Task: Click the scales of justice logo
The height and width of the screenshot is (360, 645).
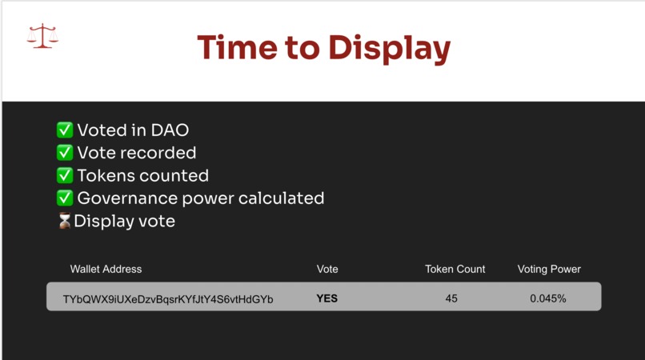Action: point(42,36)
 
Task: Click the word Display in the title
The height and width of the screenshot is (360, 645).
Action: point(390,48)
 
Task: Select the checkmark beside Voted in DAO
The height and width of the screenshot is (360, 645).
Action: point(65,130)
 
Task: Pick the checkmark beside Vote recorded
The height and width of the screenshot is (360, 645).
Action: point(65,153)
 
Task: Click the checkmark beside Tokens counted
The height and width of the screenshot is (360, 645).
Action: point(65,175)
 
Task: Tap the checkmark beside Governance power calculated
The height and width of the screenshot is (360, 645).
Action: point(65,198)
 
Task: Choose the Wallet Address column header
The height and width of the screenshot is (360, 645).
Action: point(106,269)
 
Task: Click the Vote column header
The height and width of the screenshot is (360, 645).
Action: point(327,269)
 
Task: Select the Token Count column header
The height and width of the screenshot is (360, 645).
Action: point(455,269)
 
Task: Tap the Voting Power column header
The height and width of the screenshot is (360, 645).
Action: point(549,269)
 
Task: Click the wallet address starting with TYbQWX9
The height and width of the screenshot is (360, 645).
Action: point(168,299)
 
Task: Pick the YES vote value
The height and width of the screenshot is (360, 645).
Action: point(327,298)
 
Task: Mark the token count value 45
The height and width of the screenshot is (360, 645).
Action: point(451,298)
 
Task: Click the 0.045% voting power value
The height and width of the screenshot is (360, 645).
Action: point(548,298)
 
